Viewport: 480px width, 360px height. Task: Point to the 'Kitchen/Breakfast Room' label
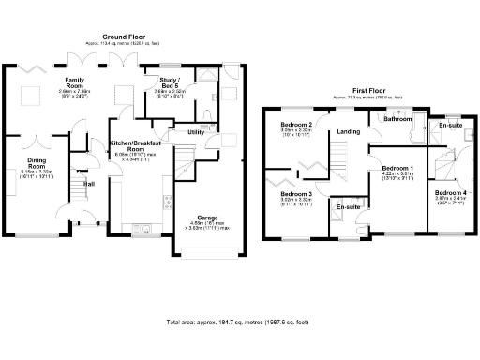pos(140,146)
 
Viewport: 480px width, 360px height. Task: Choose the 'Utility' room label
pos(196,132)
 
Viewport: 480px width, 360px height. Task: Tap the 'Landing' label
pos(349,131)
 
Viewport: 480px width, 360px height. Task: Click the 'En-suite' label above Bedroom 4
pos(450,124)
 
